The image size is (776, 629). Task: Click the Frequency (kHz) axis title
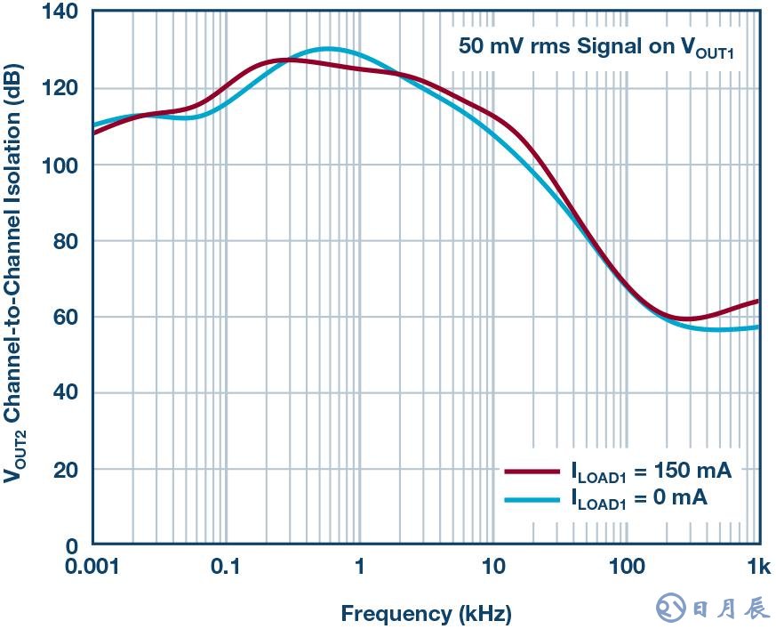[x=426, y=613]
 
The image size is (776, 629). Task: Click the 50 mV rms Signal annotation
[x=596, y=47]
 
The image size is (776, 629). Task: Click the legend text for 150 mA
[x=651, y=472]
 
